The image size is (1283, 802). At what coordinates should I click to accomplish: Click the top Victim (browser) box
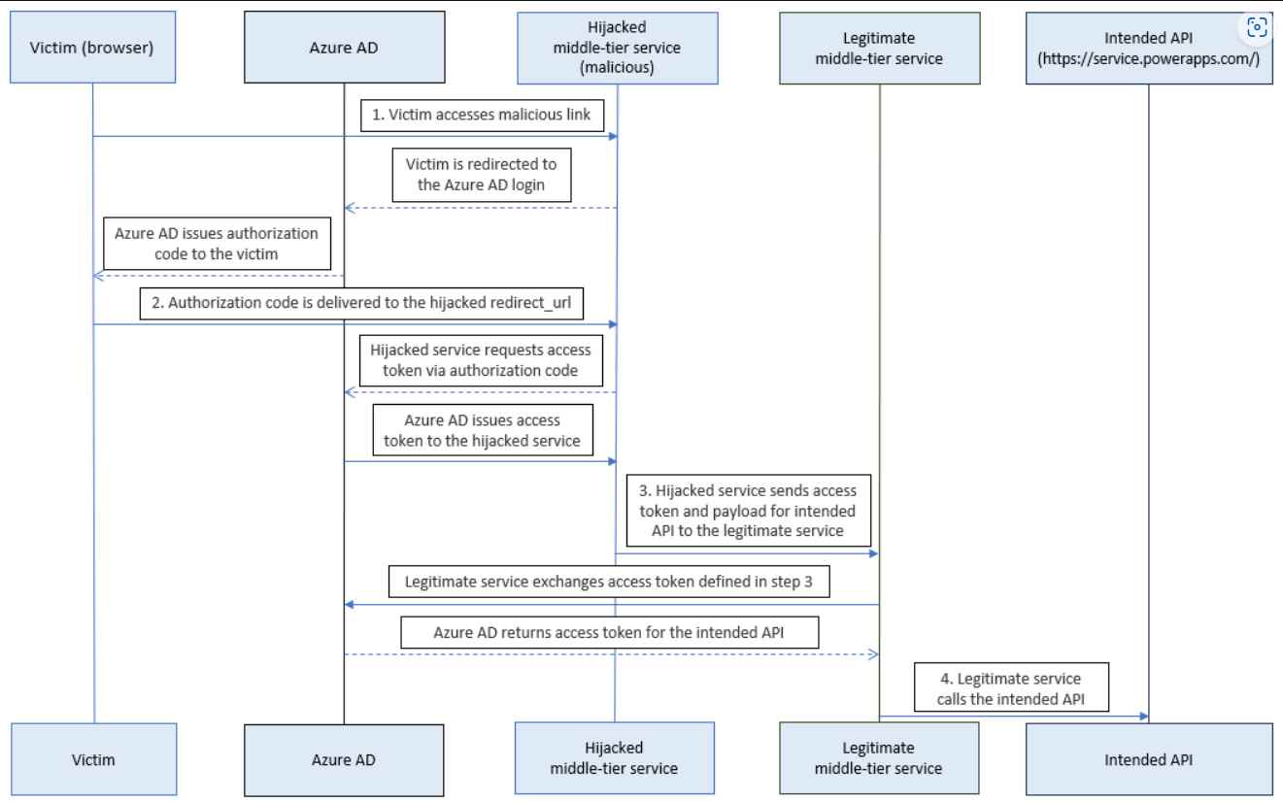pos(94,48)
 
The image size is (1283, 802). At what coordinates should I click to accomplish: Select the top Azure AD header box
pos(344,48)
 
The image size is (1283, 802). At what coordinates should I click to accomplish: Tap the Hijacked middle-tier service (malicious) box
pos(617,48)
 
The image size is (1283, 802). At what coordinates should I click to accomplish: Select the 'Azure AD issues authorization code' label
pos(217,244)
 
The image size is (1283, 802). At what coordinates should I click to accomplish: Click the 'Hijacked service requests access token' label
pos(481,360)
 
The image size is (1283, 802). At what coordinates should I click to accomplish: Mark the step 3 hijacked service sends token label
pos(747,508)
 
